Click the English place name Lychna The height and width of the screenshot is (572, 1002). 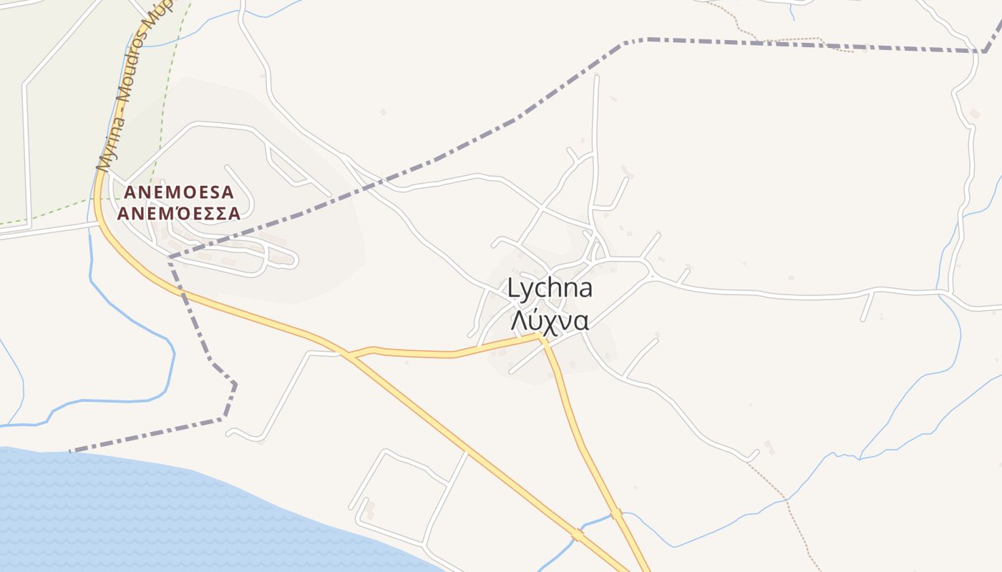[x=550, y=289]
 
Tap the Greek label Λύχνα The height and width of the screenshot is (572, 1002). [x=550, y=321]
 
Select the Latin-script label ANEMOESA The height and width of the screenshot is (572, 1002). [x=179, y=192]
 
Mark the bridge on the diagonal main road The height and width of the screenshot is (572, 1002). [x=578, y=534]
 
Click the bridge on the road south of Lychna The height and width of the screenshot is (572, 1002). [x=616, y=514]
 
